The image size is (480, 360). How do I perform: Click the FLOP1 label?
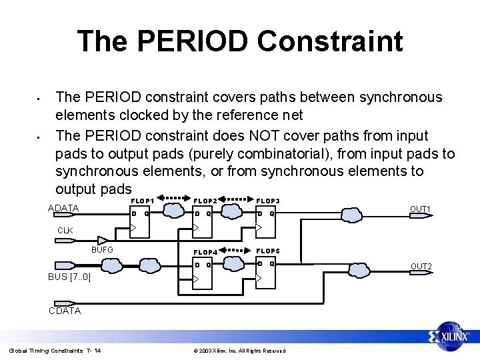[143, 201]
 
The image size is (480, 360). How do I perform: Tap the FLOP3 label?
[268, 201]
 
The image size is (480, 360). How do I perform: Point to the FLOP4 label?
[205, 253]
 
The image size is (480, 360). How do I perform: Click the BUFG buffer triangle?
[102, 241]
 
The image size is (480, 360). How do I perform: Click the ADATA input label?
[64, 208]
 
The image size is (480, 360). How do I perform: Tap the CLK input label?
[65, 230]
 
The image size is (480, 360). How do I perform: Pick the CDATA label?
[65, 311]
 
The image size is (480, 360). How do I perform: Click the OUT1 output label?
[420, 209]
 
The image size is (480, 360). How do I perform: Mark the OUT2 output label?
[421, 267]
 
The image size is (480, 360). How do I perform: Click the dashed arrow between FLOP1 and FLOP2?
[174, 198]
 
